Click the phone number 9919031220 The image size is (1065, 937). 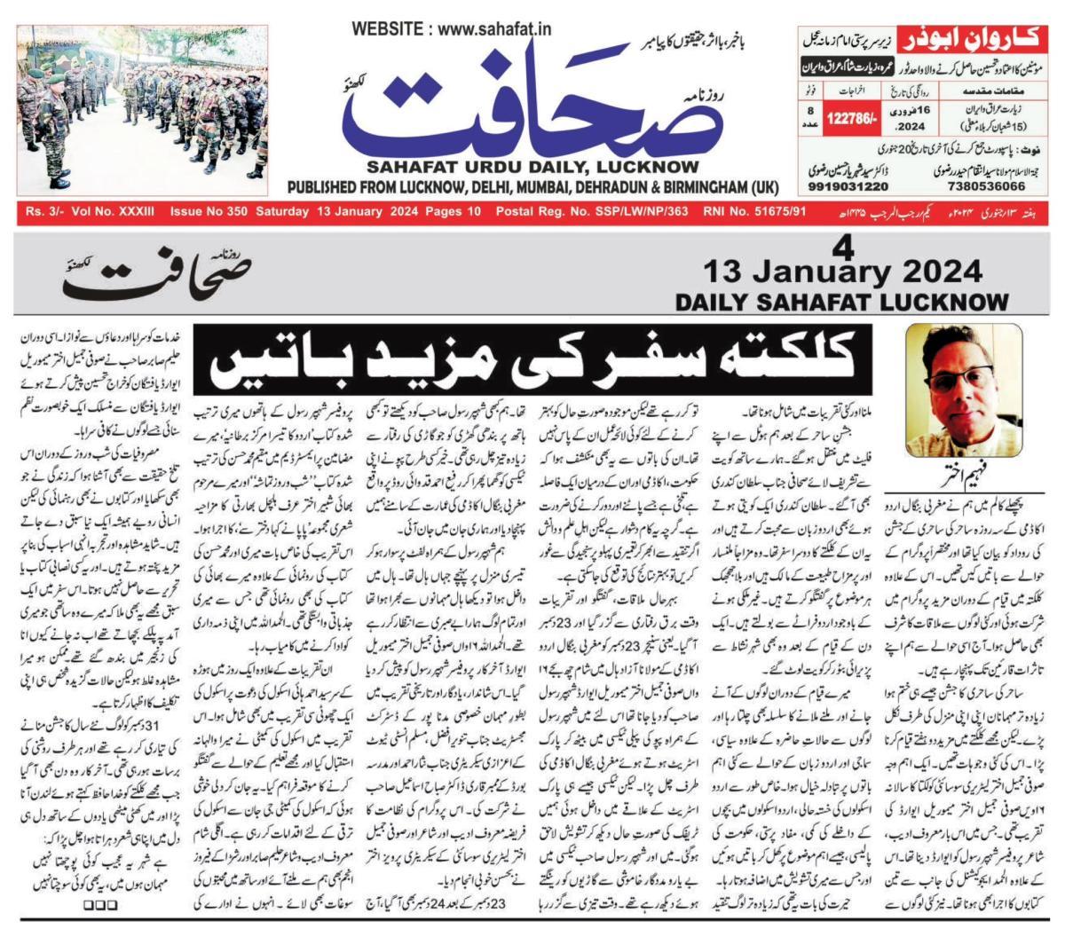(x=848, y=187)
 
